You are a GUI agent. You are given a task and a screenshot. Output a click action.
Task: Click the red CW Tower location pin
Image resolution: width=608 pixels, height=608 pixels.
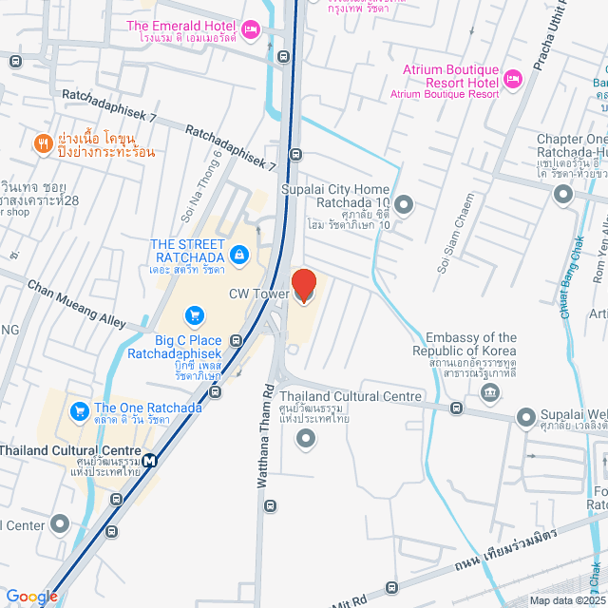[x=303, y=285]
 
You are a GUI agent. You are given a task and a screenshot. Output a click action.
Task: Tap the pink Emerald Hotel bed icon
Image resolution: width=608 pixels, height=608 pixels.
[x=251, y=30]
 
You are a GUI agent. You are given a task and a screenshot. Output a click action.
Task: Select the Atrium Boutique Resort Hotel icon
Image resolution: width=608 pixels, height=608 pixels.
[x=513, y=79]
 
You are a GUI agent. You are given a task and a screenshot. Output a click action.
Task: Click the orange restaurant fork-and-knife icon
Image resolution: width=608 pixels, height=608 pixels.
[x=43, y=143]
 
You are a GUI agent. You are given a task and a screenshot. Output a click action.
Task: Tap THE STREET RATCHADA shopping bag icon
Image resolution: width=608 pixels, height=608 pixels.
[x=238, y=255]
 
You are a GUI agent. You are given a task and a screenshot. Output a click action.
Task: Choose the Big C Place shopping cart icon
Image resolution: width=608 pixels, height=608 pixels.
[x=195, y=314]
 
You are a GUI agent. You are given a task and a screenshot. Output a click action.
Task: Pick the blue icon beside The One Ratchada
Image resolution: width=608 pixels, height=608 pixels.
[x=80, y=412]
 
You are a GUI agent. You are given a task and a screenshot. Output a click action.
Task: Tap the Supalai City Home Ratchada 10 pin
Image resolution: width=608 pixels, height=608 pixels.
[x=405, y=204]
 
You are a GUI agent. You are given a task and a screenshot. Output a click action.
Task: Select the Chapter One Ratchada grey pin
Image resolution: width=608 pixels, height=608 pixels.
[x=562, y=195]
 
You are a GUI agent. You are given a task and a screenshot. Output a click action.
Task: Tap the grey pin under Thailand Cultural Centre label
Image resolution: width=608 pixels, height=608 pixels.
[x=305, y=437]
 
